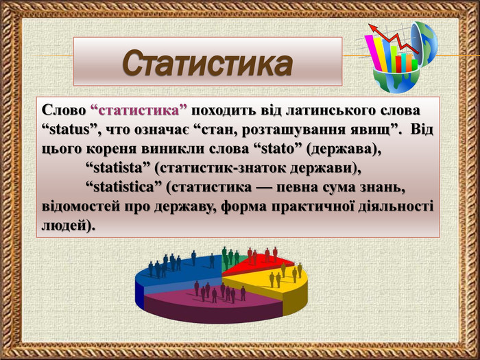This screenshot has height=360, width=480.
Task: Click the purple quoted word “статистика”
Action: [x=139, y=110]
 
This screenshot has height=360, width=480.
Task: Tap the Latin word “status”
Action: [x=69, y=130]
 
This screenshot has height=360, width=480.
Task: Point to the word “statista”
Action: [x=118, y=168]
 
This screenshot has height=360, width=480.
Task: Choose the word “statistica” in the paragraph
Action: [x=123, y=187]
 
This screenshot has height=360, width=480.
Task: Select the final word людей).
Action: [x=69, y=226]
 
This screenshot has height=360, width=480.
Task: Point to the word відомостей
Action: [x=80, y=206]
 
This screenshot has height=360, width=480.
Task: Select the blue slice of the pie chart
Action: [x=180, y=270]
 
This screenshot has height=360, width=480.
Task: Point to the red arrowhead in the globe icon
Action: [x=372, y=28]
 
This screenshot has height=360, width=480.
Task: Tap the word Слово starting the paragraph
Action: [x=64, y=110]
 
